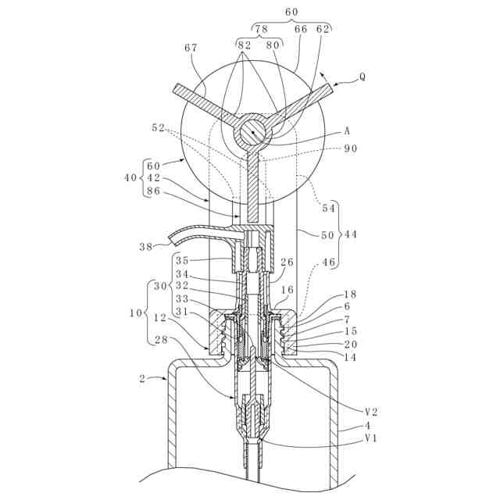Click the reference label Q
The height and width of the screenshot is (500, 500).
point(361,77)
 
